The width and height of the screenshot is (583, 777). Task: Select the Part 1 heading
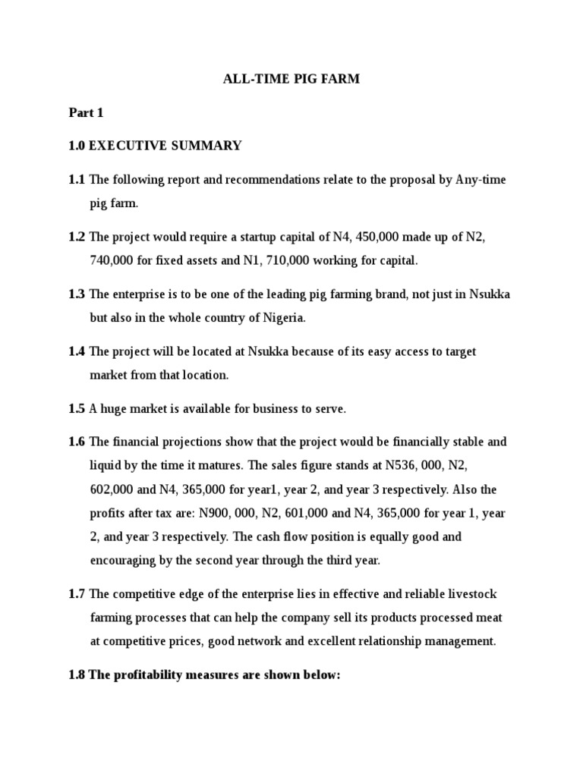click(85, 113)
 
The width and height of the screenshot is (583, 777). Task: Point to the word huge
click(113, 409)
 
